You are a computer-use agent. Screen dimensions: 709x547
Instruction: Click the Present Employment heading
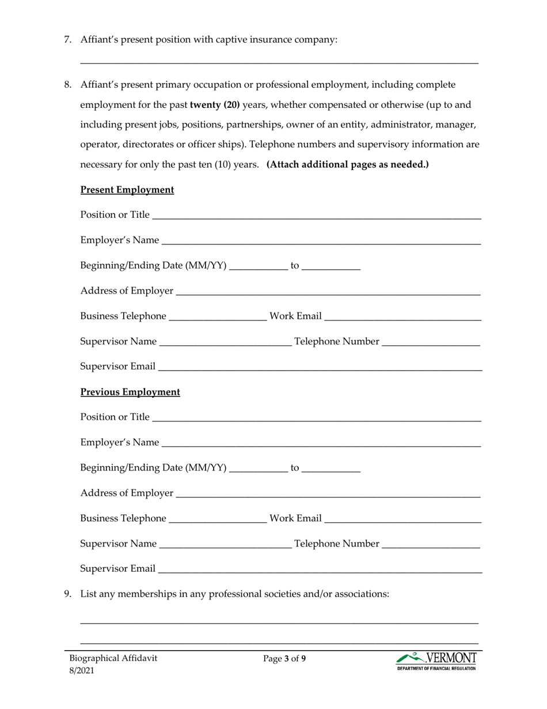coord(127,190)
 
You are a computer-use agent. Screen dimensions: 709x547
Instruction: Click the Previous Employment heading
coord(130,392)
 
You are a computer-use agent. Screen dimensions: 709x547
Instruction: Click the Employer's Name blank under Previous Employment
coord(321,443)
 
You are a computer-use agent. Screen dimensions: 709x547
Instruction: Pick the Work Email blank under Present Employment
coord(403,317)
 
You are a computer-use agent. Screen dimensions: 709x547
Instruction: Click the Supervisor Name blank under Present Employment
coord(225,342)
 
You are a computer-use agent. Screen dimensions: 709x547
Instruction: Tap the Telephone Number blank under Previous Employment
coord(431,545)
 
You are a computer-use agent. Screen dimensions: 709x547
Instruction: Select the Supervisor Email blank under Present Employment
coord(320,368)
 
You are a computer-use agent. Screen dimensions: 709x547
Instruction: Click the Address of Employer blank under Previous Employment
coord(328,494)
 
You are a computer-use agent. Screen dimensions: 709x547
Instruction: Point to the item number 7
coord(67,40)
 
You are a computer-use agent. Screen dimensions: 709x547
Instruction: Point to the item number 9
coord(67,593)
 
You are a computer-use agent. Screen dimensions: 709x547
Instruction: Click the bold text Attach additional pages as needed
coord(348,164)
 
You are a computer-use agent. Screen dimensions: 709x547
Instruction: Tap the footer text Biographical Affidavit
coord(113,658)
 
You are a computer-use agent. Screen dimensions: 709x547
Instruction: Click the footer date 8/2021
coord(81,670)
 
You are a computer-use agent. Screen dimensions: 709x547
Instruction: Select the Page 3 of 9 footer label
coord(284,658)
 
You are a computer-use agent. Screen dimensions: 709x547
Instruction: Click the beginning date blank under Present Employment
coord(259,267)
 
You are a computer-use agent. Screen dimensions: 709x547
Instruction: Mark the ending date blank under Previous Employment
coord(331,469)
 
